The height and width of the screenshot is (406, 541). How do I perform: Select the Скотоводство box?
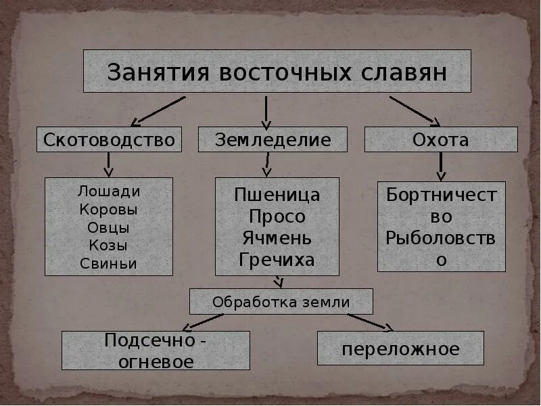[x=109, y=140]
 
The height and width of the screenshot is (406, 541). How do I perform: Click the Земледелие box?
[x=273, y=140]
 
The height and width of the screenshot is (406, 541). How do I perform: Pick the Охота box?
[x=441, y=140]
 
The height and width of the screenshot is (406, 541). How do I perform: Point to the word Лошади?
[x=108, y=191]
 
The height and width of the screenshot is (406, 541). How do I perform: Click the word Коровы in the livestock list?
[x=108, y=210]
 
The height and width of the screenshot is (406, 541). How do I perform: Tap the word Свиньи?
[x=108, y=264]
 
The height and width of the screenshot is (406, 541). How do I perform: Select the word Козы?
[x=108, y=246]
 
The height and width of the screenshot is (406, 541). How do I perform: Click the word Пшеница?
[x=277, y=196]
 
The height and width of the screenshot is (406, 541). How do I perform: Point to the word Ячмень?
[x=277, y=238]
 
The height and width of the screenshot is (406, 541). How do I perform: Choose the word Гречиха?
[x=277, y=260]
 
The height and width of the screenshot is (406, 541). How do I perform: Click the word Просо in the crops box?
[x=277, y=217]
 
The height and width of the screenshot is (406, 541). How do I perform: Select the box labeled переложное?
[x=400, y=348]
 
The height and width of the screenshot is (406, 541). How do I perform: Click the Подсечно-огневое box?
[x=156, y=351]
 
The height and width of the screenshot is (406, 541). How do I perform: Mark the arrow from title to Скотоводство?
[x=158, y=111]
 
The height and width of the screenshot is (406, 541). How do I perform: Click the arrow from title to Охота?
[x=414, y=111]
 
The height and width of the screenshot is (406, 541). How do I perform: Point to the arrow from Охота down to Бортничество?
[x=441, y=166]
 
